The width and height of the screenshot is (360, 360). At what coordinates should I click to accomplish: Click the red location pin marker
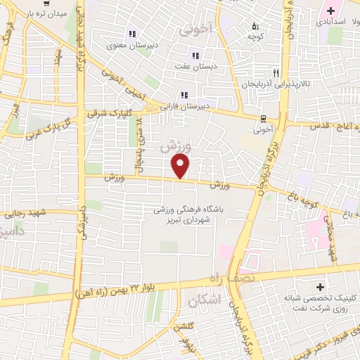[x=181, y=166]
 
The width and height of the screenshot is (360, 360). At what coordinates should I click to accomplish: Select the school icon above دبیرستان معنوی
[x=131, y=34]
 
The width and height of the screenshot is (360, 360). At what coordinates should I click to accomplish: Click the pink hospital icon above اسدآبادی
[x=329, y=11]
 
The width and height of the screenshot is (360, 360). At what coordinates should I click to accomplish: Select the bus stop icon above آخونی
[x=263, y=118]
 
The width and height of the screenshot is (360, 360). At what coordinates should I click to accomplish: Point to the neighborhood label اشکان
[x=205, y=300]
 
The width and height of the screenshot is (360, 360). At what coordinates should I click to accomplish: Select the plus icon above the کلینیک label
[x=321, y=287]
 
